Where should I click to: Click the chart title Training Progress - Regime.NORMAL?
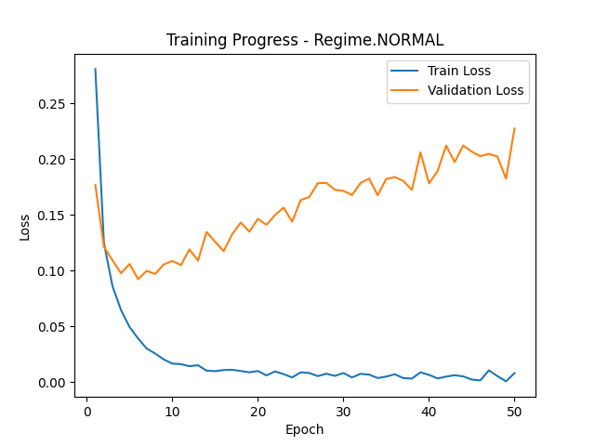305,40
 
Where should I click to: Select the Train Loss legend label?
458,71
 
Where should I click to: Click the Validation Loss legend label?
475,90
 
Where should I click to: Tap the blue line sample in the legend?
404,71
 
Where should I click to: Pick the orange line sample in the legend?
404,90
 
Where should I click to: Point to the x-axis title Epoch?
305,429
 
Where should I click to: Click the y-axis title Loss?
25,226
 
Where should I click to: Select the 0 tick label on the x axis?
87,411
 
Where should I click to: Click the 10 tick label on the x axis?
172,411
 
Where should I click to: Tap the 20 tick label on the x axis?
258,411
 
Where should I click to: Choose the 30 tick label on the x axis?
343,411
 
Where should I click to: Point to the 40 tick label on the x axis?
429,411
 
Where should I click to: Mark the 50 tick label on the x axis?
514,411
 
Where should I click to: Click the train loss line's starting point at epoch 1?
95,69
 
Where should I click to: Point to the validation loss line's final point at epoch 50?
514,128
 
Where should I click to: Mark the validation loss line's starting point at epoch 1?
95,184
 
